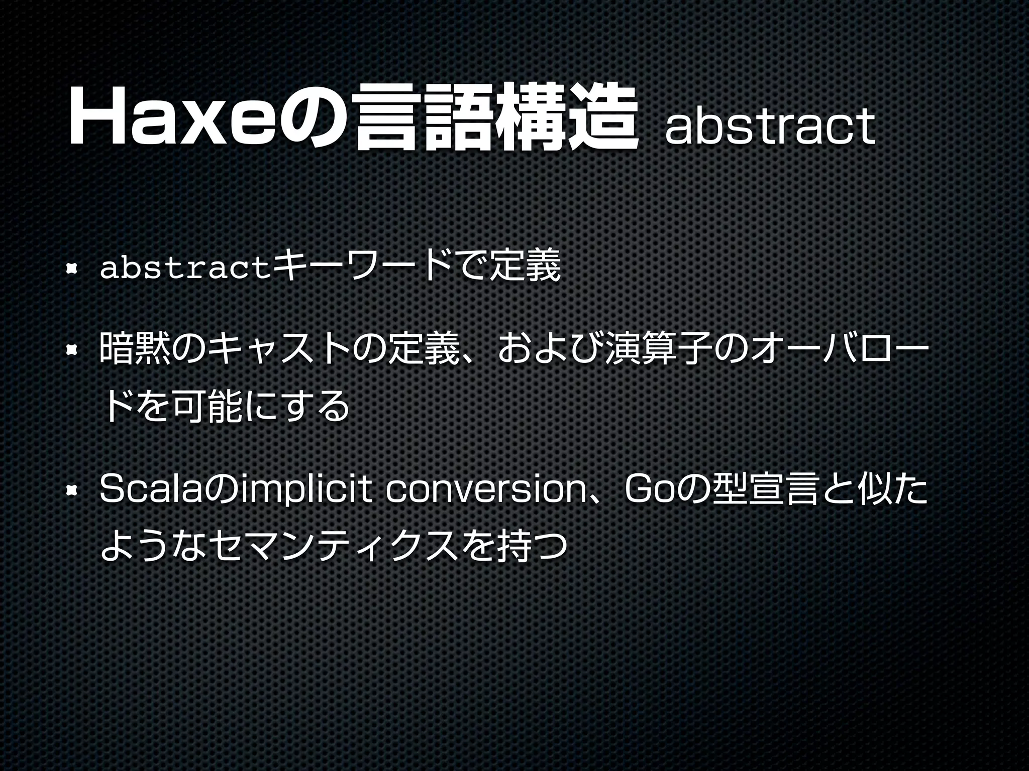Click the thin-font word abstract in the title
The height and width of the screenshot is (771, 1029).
click(x=769, y=126)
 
